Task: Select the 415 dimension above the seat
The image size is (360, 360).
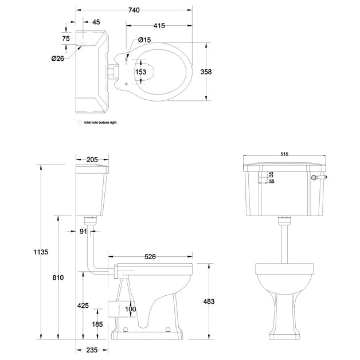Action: pos(159,26)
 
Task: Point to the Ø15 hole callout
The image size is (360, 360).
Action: pos(144,40)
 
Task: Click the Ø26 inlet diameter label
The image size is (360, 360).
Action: pos(57,58)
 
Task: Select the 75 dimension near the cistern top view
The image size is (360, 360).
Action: pos(66,38)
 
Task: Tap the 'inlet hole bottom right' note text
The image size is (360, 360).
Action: pos(100,123)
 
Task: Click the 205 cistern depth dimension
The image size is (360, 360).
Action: pos(93,161)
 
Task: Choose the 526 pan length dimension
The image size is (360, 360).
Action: pos(150,257)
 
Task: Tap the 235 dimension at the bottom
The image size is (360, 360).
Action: pos(93,350)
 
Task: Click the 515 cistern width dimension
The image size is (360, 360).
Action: pos(284,154)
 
